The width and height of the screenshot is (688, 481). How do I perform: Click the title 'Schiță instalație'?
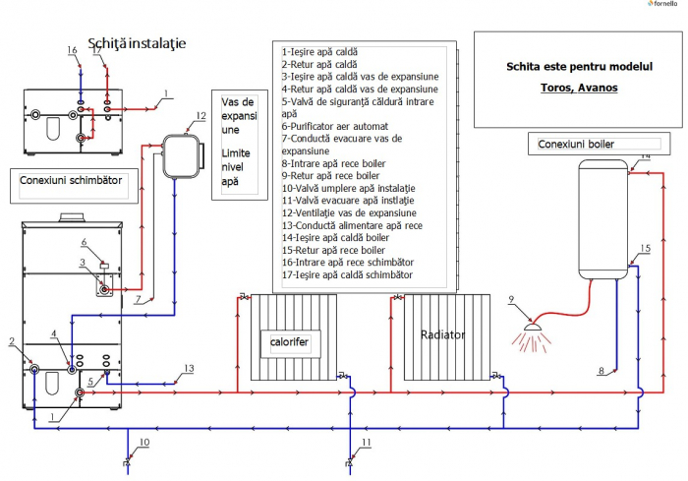(x=137, y=44)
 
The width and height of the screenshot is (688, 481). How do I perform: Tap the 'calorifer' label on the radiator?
(x=289, y=341)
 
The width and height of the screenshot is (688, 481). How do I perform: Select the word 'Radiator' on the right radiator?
(x=442, y=334)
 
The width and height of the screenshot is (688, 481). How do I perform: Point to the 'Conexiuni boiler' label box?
(x=578, y=145)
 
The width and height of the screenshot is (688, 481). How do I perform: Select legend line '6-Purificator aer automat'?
(x=335, y=127)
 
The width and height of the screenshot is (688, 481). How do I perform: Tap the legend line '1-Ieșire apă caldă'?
(x=320, y=51)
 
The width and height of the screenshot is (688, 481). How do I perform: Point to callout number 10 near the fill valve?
(x=143, y=444)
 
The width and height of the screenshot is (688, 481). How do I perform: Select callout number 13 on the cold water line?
(x=189, y=369)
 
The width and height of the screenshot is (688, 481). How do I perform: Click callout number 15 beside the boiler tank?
(x=645, y=249)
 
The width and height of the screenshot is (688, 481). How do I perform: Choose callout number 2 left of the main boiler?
(x=12, y=342)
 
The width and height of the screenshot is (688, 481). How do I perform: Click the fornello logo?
(x=663, y=6)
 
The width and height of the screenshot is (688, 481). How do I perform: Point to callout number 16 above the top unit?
(x=72, y=49)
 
